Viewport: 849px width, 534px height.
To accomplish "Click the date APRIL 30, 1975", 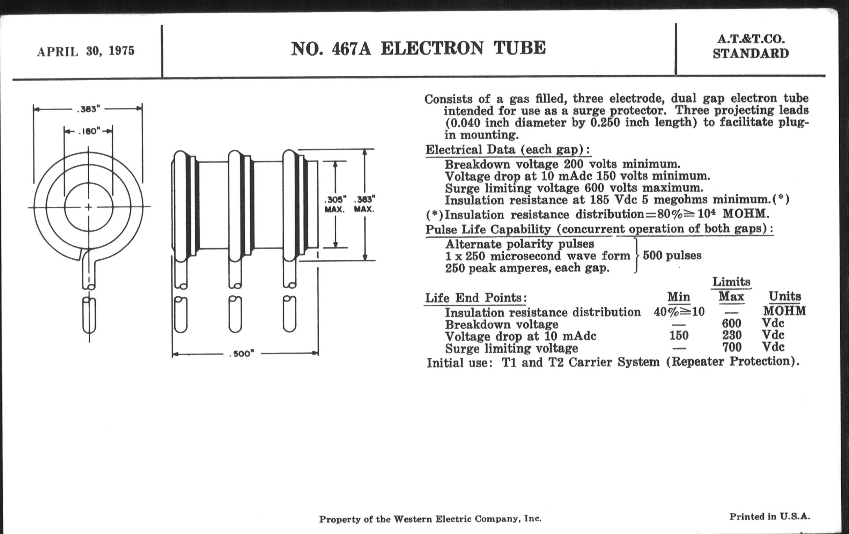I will point(86,51).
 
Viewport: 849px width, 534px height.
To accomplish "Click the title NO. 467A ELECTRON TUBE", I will point(418,48).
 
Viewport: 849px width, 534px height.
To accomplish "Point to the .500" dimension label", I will point(242,354).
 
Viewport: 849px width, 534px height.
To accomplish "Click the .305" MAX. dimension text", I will point(335,205).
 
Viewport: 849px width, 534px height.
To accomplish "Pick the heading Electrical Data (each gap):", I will point(508,150).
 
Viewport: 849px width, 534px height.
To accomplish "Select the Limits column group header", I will point(731,282).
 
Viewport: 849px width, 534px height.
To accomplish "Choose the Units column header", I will point(785,296).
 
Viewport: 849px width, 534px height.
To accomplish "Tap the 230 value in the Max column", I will point(732,335).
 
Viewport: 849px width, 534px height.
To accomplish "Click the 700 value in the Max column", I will point(732,347).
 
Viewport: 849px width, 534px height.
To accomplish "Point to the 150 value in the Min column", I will point(679,335).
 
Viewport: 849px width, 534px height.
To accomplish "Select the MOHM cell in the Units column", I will point(784,311).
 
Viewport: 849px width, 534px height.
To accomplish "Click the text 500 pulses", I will point(672,255).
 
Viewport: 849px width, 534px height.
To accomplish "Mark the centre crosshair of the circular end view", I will point(89,207).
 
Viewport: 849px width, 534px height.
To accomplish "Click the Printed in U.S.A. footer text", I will point(770,517).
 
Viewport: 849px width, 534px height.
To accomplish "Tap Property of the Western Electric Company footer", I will point(430,519).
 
